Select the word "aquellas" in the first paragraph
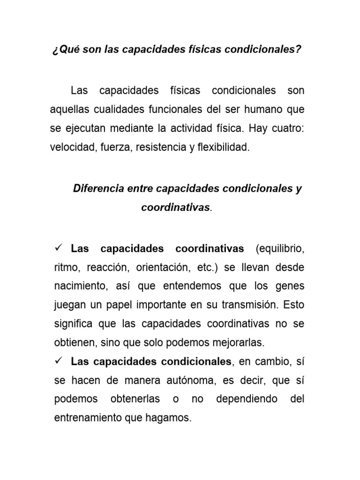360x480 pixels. point(68,110)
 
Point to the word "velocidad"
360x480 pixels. point(71,148)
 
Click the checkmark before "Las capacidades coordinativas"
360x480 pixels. point(59,247)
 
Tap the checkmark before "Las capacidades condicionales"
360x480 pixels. point(59,361)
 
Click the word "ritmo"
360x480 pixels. point(66,267)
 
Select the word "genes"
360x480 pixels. point(287,286)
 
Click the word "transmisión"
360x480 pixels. point(247,305)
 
